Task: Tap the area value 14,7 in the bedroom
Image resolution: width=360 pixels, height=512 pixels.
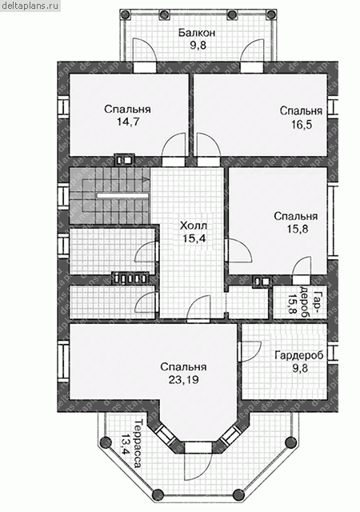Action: pyautogui.click(x=128, y=122)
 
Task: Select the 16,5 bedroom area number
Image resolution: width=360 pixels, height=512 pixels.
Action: pyautogui.click(x=301, y=124)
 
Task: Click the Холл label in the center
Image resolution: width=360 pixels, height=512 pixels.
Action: pyautogui.click(x=194, y=226)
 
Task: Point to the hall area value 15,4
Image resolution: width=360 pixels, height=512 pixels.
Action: pyautogui.click(x=194, y=238)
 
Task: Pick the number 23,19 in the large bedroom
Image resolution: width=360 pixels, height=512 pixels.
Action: pyautogui.click(x=183, y=380)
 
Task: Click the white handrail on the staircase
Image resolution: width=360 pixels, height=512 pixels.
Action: pyautogui.click(x=122, y=195)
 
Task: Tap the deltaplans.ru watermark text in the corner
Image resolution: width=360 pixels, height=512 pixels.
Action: pyautogui.click(x=30, y=6)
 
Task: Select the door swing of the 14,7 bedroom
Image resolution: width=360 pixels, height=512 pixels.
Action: pyautogui.click(x=175, y=146)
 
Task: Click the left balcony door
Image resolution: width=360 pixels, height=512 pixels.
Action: pyautogui.click(x=145, y=50)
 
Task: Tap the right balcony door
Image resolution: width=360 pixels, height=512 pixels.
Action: pyautogui.click(x=252, y=50)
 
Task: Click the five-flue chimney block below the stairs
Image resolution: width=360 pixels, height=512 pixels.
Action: pyautogui.click(x=130, y=278)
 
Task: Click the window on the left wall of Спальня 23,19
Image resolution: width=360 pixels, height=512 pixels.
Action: pyautogui.click(x=63, y=361)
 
